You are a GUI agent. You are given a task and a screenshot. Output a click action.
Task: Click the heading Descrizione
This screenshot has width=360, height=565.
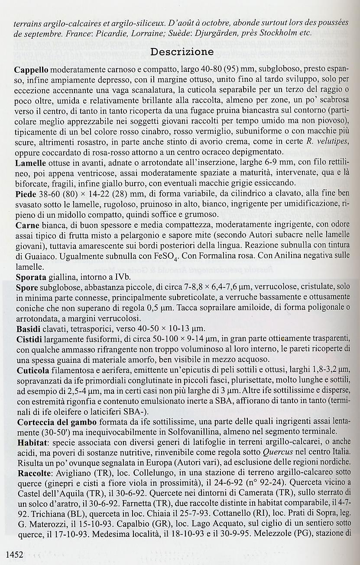coord(182,52)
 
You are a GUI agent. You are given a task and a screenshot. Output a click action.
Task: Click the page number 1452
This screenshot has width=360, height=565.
coord(14,554)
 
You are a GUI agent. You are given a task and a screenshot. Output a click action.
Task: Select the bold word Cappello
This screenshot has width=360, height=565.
coord(31,70)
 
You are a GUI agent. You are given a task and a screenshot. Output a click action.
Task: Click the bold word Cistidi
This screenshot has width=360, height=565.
coord(29,338)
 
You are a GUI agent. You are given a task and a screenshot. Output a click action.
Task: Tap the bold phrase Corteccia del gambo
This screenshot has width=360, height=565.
coord(57,421)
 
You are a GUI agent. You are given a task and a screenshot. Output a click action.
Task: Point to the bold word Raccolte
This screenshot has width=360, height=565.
coord(32,472)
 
